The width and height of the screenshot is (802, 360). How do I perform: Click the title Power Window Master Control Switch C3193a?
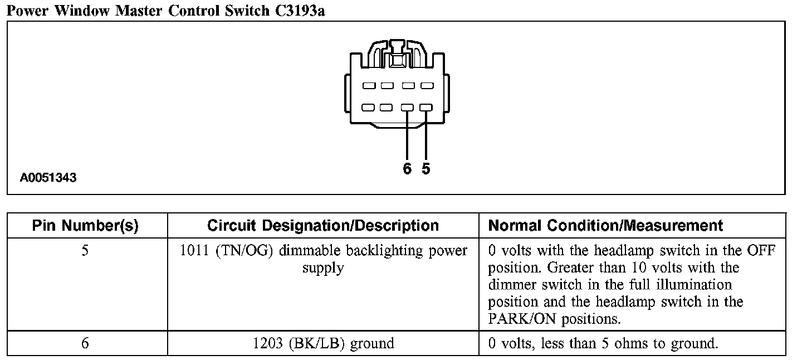pos(165,11)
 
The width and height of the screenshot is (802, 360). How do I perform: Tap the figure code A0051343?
pos(48,178)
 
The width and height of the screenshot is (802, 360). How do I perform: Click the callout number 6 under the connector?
pos(407,169)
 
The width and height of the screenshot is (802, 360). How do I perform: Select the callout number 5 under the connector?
pos(426,169)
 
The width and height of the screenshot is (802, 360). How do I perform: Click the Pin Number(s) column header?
pos(85,226)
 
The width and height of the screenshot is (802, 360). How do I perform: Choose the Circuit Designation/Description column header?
pos(323,226)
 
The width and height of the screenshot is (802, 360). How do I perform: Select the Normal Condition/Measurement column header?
pos(605,226)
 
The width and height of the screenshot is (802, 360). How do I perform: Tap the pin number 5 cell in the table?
pos(85,251)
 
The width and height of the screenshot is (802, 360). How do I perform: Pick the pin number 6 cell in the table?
pos(85,343)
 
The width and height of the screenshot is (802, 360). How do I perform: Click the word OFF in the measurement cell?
pos(762,251)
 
